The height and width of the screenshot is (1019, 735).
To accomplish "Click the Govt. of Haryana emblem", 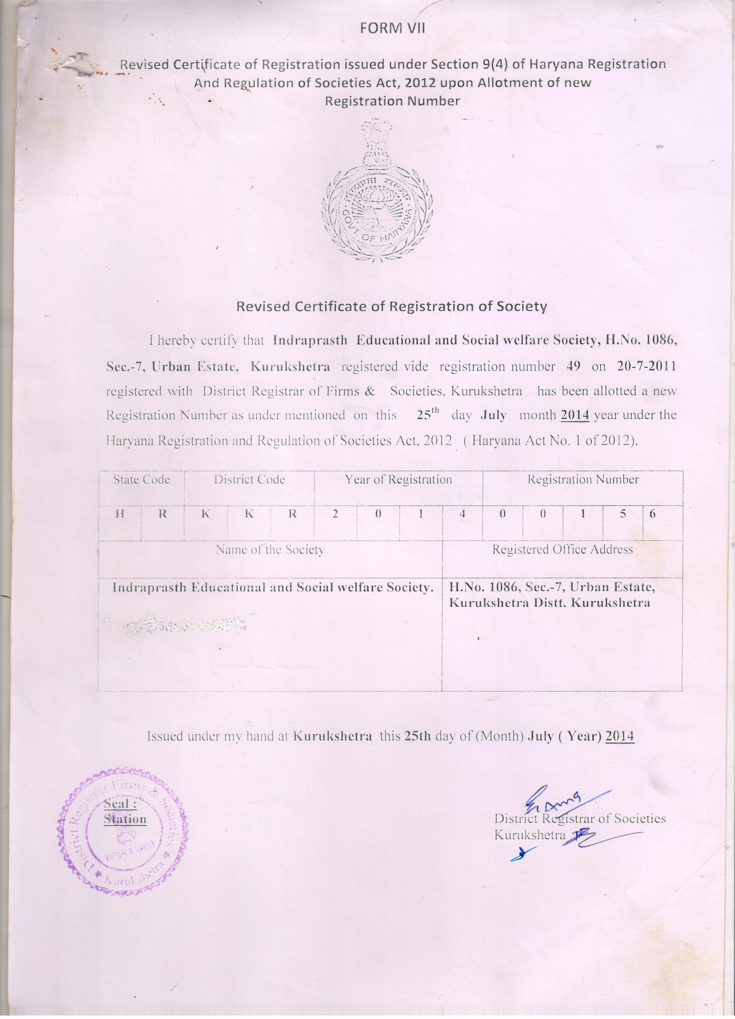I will (x=378, y=191).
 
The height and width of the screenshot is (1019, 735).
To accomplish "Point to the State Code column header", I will (x=142, y=480).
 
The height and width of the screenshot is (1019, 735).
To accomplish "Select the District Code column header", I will (x=249, y=480).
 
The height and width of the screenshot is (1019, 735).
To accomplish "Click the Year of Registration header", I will (x=398, y=480).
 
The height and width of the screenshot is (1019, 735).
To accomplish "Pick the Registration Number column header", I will (x=583, y=480).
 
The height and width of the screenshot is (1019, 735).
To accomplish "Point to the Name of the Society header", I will (x=270, y=550).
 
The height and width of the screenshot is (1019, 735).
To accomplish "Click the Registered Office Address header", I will (x=562, y=550).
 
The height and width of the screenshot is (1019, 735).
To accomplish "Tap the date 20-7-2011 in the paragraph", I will (x=646, y=367).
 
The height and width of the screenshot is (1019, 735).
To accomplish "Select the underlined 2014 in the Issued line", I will (x=620, y=736).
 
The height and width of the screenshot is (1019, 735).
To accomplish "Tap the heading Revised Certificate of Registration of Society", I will (x=392, y=307).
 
